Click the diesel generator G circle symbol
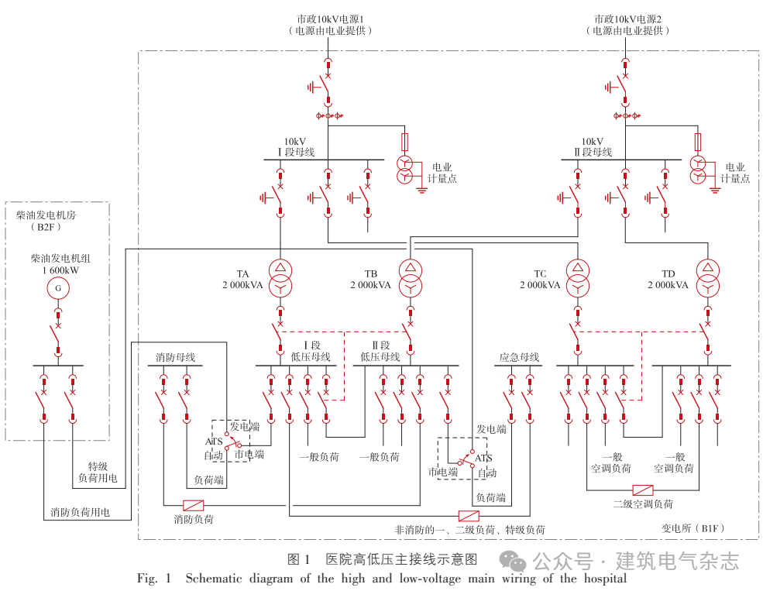(57, 289)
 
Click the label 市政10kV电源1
(330, 18)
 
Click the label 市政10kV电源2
(627, 18)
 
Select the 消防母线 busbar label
(175, 358)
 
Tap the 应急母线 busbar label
(519, 358)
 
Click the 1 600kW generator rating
(55, 270)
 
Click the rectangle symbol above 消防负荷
(193, 503)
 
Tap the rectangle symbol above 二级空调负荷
(642, 490)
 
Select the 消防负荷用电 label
(80, 512)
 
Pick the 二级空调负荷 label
(643, 504)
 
